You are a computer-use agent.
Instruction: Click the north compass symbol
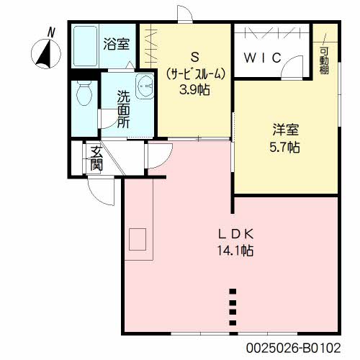point(45,53)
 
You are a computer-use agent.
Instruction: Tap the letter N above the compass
point(50,32)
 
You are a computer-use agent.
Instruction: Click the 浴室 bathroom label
point(116,44)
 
